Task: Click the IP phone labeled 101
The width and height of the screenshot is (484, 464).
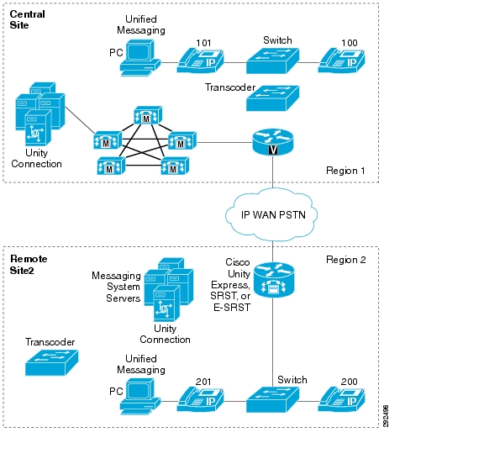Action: click(x=200, y=61)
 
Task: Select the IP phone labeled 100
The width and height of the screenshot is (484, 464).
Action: click(x=341, y=61)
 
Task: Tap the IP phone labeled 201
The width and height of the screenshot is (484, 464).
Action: click(x=200, y=399)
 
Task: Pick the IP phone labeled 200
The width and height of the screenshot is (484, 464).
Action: click(x=341, y=399)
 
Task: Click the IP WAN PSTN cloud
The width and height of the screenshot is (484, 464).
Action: click(x=271, y=214)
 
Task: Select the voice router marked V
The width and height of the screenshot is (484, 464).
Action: click(x=273, y=142)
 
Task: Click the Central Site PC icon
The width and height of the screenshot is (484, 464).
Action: click(x=140, y=58)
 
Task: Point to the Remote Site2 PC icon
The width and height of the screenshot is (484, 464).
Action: click(x=140, y=397)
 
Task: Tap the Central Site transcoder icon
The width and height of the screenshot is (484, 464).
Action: click(x=272, y=98)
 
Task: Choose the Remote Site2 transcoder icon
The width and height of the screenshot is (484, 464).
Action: click(x=51, y=363)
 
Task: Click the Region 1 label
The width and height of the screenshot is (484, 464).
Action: click(x=345, y=171)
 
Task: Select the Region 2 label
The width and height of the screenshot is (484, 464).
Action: click(x=345, y=260)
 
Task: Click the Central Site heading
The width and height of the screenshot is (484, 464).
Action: click(x=27, y=19)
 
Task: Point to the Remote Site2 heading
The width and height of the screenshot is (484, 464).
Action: click(x=29, y=265)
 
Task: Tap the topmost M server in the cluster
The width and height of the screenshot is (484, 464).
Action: click(x=148, y=115)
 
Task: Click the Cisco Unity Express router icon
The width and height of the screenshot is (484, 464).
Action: click(x=274, y=280)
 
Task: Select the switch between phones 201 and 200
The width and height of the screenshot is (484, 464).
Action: click(x=272, y=400)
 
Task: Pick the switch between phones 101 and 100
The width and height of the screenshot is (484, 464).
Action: click(x=272, y=61)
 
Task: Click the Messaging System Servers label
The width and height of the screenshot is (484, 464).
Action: click(x=116, y=287)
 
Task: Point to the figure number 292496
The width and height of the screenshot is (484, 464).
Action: click(x=385, y=416)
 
